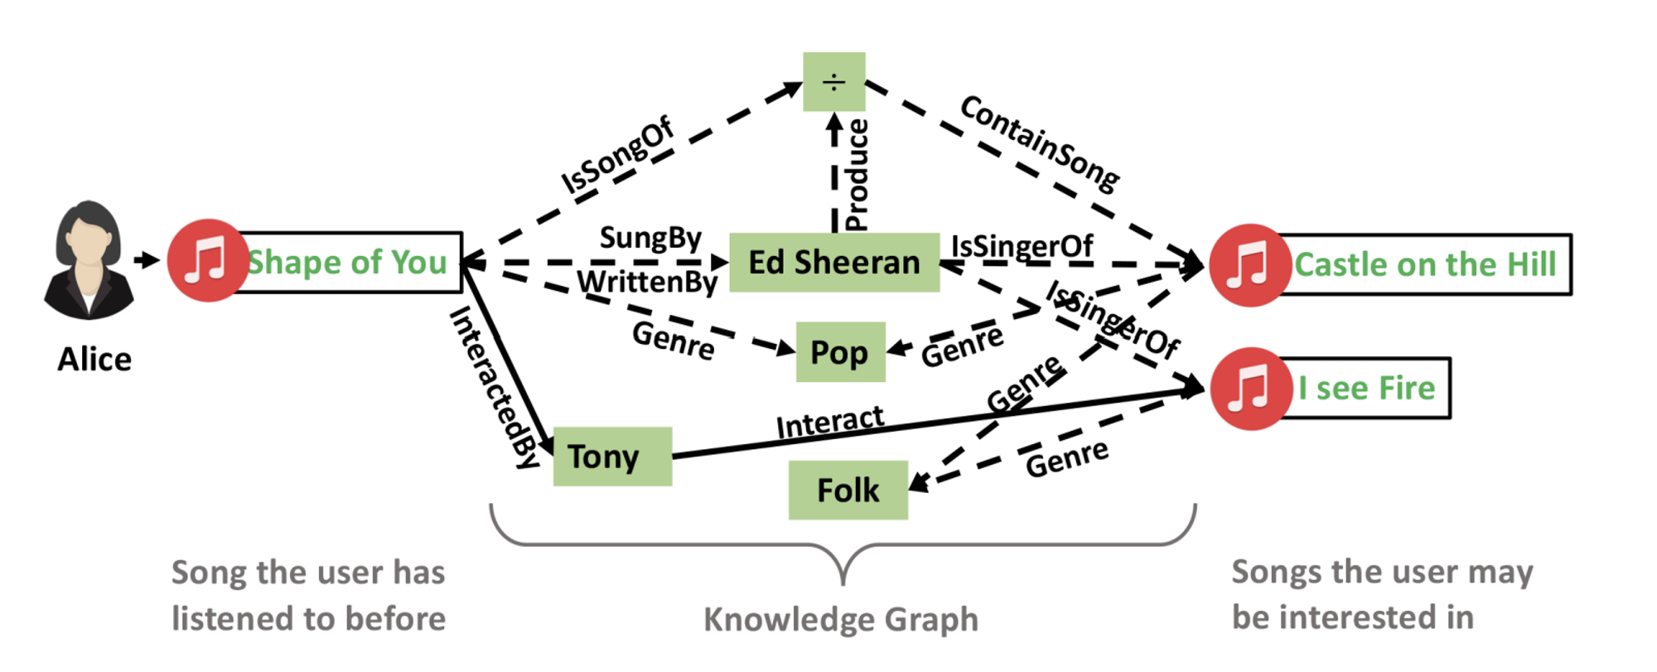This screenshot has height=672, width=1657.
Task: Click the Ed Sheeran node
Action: pos(834,263)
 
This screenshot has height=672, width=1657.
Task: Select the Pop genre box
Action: pos(840,352)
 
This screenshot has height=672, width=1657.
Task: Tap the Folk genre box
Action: pos(848,490)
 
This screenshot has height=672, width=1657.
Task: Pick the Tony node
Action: pos(612,457)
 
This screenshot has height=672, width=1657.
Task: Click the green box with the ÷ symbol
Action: pos(834,82)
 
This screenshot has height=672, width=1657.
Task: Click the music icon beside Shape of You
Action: pos(207,260)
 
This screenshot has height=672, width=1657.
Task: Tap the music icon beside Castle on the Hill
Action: pos(1250,265)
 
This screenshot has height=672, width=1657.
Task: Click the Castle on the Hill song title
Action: pos(1425,265)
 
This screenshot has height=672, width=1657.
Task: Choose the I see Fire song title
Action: pos(1366,389)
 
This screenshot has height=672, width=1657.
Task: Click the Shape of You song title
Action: pos(348,263)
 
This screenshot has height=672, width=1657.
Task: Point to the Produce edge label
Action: pos(857,175)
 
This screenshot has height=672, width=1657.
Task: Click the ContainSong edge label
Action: pos(1039,143)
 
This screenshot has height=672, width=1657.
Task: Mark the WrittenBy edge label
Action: pos(647,283)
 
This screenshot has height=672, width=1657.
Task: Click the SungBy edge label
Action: pos(650,239)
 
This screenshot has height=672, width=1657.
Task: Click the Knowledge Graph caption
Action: pos(841,620)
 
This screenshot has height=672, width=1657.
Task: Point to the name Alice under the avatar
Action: pos(94,360)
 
